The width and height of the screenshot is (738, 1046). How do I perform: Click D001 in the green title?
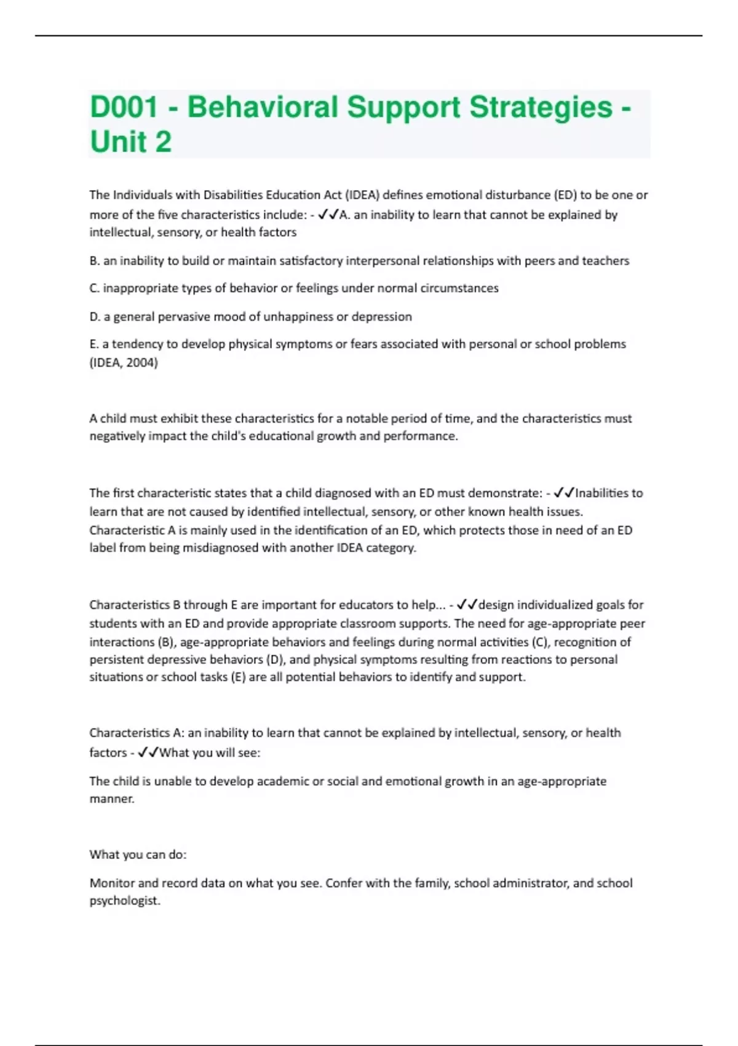pyautogui.click(x=124, y=107)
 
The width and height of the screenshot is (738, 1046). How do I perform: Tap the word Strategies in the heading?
pyautogui.click(x=541, y=107)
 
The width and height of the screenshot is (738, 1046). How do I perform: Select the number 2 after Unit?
pyautogui.click(x=164, y=142)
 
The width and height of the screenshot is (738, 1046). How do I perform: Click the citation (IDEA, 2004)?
pyautogui.click(x=124, y=362)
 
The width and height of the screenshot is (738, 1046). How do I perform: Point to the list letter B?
pyautogui.click(x=94, y=261)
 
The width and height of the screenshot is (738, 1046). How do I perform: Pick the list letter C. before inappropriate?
pyautogui.click(x=94, y=288)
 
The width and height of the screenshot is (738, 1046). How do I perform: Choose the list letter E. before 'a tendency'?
pyautogui.click(x=93, y=344)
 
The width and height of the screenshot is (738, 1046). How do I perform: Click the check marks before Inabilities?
pyautogui.click(x=563, y=493)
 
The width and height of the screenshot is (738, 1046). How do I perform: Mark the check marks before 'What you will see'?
pyautogui.click(x=148, y=753)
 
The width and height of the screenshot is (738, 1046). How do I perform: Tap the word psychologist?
pyautogui.click(x=125, y=901)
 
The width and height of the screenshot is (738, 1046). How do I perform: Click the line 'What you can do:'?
pyautogui.click(x=138, y=855)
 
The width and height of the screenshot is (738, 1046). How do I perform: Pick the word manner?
pyautogui.click(x=111, y=799)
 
